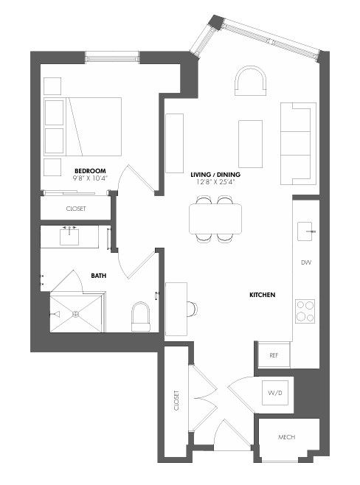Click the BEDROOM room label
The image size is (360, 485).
tap(90, 170)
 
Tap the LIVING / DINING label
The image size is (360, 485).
tap(215, 167)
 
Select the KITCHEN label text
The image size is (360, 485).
tap(262, 295)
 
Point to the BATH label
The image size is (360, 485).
tap(98, 276)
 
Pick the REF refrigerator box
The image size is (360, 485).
tap(274, 355)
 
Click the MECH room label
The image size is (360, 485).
tap(286, 438)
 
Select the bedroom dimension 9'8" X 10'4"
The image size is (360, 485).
tap(90, 178)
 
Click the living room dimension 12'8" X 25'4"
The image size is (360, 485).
tap(215, 175)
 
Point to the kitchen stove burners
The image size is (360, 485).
tap(305, 310)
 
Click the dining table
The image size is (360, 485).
tap(215, 218)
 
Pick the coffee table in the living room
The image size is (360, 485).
tap(249, 141)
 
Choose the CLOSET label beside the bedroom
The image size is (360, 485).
tap(76, 209)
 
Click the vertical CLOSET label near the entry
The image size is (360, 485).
tap(176, 400)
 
